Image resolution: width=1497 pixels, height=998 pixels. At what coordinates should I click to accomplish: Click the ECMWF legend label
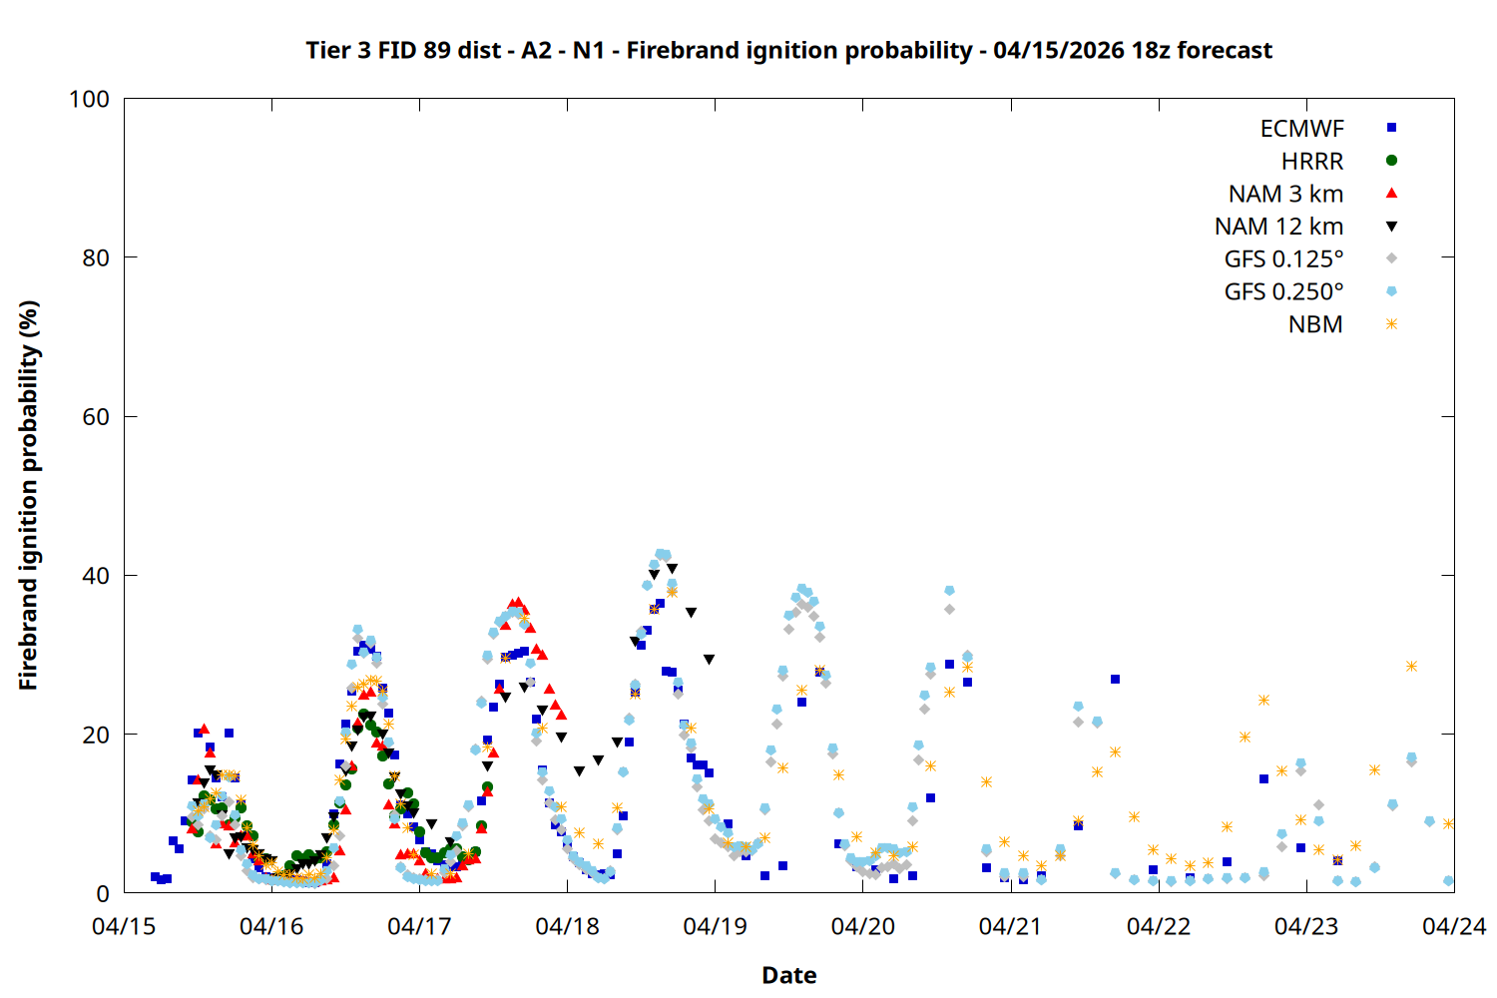pyautogui.click(x=1301, y=129)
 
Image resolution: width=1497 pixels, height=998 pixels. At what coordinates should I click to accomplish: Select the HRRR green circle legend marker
pyautogui.click(x=1391, y=161)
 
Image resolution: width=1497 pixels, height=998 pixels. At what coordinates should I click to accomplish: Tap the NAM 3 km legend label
pyautogui.click(x=1285, y=194)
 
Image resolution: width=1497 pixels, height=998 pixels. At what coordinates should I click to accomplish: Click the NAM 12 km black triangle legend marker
pyautogui.click(x=1391, y=227)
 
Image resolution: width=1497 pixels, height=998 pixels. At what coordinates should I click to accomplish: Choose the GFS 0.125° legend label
pyautogui.click(x=1283, y=259)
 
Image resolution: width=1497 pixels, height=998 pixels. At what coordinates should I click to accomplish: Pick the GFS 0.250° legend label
pyautogui.click(x=1283, y=292)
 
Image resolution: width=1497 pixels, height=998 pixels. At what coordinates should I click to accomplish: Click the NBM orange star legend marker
pyautogui.click(x=1391, y=324)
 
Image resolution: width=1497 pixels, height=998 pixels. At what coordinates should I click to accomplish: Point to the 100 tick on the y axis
pyautogui.click(x=89, y=99)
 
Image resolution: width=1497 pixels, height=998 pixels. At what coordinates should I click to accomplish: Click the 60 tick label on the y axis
pyautogui.click(x=96, y=417)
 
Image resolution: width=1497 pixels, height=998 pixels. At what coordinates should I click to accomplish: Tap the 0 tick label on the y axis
pyautogui.click(x=103, y=894)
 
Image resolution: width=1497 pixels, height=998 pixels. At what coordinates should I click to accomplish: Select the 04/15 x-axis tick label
pyautogui.click(x=124, y=927)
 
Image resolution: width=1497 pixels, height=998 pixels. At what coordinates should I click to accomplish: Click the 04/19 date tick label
pyautogui.click(x=715, y=927)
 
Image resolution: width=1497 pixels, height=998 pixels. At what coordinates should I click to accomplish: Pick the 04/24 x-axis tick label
pyautogui.click(x=1453, y=927)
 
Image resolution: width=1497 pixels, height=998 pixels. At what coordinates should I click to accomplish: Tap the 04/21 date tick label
pyautogui.click(x=1010, y=927)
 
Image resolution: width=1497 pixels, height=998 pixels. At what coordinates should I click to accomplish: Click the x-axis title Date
pyautogui.click(x=788, y=975)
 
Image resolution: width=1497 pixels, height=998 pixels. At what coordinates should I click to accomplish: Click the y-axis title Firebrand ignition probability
pyautogui.click(x=28, y=495)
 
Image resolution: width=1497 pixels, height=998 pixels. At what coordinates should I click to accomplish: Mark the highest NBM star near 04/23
pyautogui.click(x=1411, y=666)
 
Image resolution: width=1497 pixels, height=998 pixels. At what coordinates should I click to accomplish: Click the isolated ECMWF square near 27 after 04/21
pyautogui.click(x=1115, y=679)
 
